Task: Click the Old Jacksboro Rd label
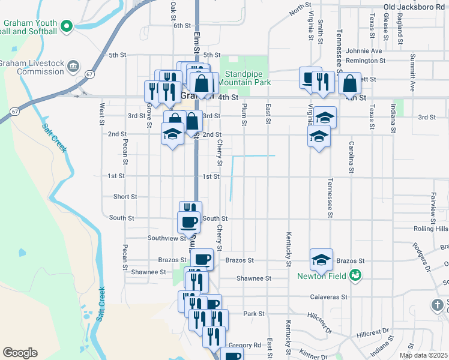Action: coord(415,7)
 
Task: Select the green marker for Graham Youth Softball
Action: coord(67,26)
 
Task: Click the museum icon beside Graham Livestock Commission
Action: coord(73,65)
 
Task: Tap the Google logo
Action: coord(20,352)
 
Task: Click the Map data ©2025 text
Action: coord(423,355)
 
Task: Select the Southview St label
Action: coord(167,238)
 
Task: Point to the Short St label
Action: coord(125,197)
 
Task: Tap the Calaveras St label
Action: coord(329,297)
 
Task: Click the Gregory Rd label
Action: coord(245,346)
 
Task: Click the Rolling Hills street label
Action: coord(431,229)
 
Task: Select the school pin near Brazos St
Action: coord(321,259)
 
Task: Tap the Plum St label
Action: coord(244,114)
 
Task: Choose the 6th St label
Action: coord(182,26)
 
